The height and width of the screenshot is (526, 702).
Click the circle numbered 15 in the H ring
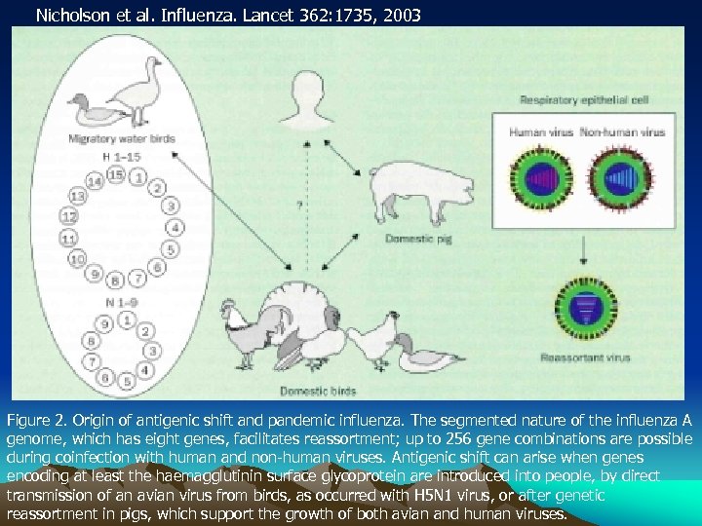point(116,174)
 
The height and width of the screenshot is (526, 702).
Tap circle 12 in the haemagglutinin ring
point(68,215)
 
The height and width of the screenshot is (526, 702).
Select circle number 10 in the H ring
point(76,258)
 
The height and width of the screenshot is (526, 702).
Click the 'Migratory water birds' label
point(121,139)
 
